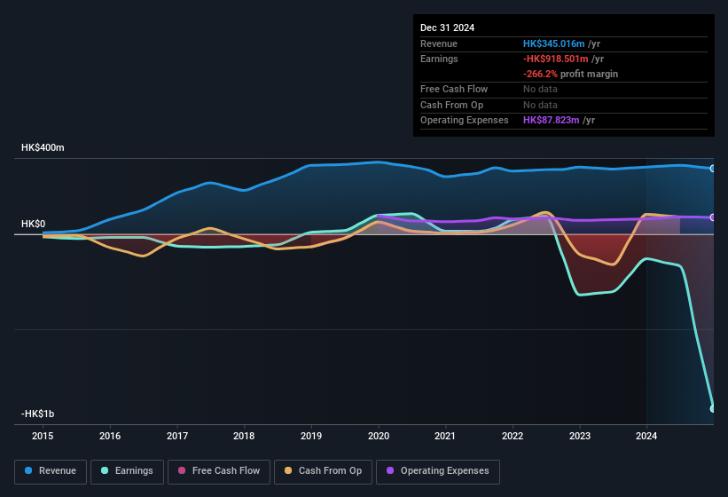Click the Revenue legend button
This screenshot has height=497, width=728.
(x=51, y=470)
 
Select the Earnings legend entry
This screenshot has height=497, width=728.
(x=127, y=470)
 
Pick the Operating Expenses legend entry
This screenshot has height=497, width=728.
(x=438, y=470)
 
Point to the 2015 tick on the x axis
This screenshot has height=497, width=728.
(x=43, y=436)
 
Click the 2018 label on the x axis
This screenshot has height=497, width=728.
(x=244, y=436)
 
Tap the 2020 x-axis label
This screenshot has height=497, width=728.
(x=379, y=436)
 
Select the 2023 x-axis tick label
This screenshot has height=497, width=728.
(x=579, y=436)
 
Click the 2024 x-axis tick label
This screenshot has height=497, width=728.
(x=646, y=436)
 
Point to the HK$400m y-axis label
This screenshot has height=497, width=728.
(x=43, y=147)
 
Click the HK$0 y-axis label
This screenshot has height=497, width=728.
(x=35, y=225)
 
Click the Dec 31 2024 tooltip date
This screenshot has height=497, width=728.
(x=447, y=28)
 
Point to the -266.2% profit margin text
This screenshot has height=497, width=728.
(x=570, y=74)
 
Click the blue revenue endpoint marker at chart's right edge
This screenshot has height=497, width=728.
(x=713, y=169)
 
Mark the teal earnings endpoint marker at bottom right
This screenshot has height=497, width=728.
(x=713, y=408)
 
